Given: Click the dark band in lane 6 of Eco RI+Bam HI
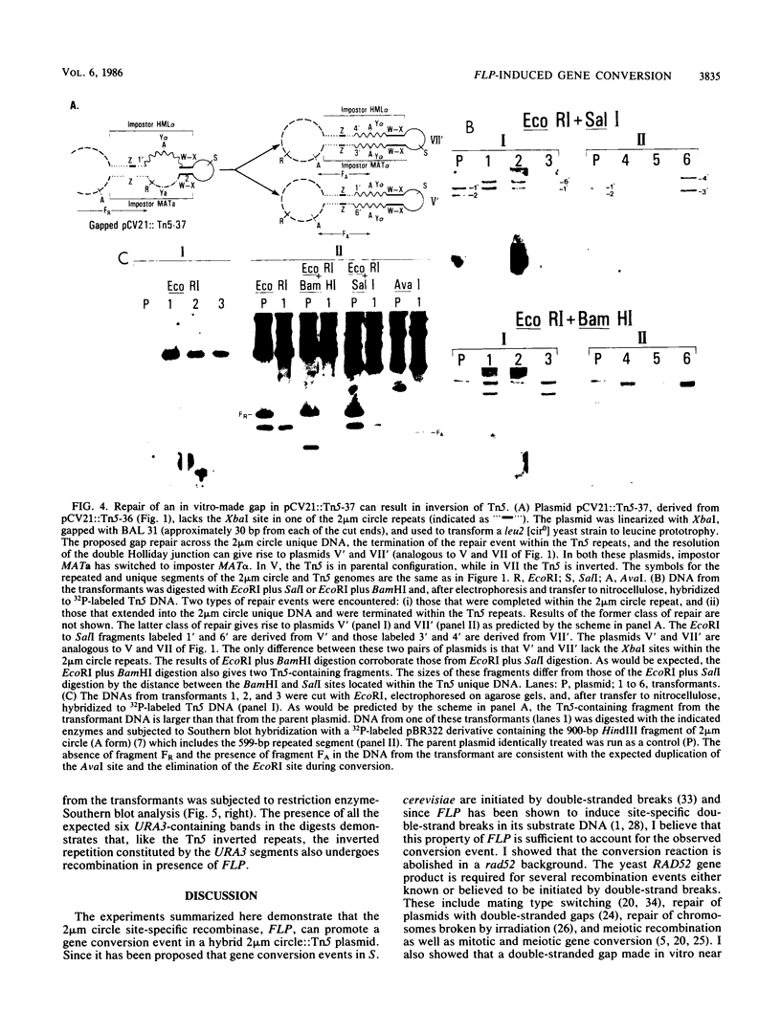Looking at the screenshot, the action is coord(685,384).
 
